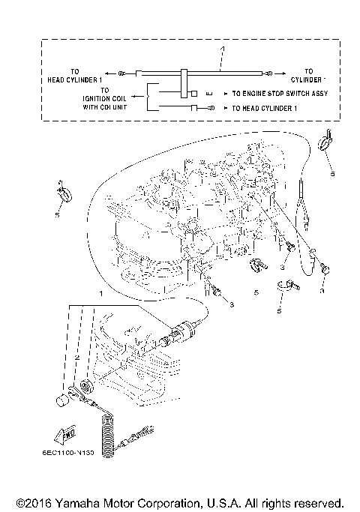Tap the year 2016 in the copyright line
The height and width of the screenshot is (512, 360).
[x=41, y=502]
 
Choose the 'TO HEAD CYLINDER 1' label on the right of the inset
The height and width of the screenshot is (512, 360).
[x=268, y=109]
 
